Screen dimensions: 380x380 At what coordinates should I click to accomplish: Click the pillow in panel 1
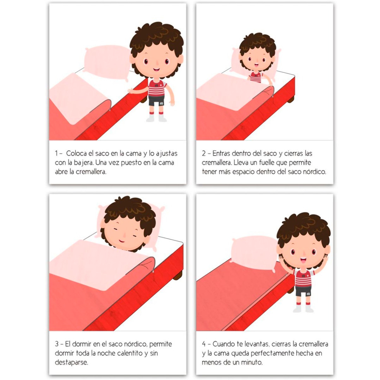[107, 62]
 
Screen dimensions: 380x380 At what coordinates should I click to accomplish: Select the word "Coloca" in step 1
[76, 154]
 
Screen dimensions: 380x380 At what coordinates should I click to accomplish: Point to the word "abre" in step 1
[61, 172]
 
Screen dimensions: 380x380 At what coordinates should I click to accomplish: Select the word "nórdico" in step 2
[314, 172]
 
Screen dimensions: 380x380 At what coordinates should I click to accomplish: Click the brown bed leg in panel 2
[291, 99]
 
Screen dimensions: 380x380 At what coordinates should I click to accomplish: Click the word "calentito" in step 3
[130, 353]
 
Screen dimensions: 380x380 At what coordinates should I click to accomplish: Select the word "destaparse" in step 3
[71, 362]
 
